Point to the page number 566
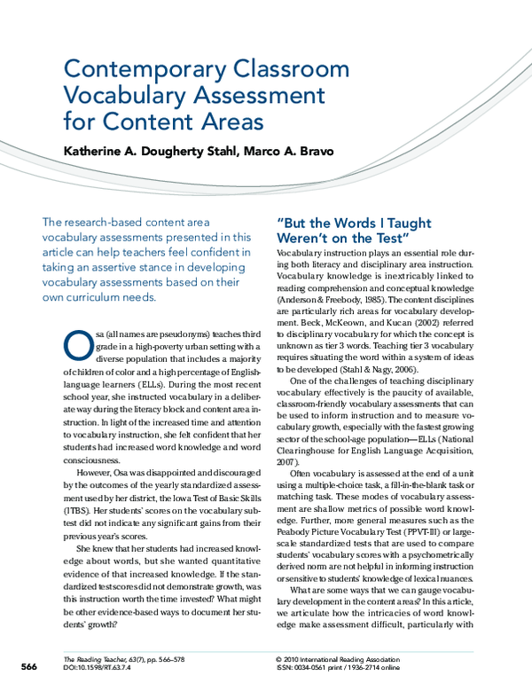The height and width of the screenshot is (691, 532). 29,666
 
